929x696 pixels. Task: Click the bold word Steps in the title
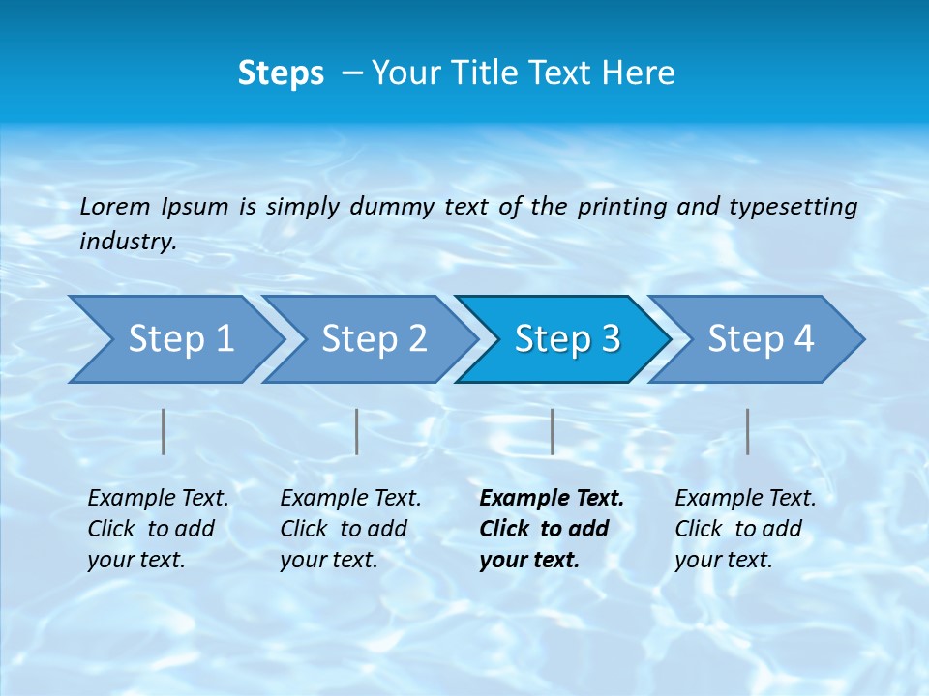click(x=281, y=73)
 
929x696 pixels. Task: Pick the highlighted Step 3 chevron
click(x=566, y=339)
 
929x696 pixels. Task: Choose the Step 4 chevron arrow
click(x=760, y=339)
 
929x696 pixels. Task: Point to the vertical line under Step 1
click(x=164, y=431)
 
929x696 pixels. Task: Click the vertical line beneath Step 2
click(x=357, y=431)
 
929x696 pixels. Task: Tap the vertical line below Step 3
click(x=552, y=431)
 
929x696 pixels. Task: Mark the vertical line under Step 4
click(x=747, y=431)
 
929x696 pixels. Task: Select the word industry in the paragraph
click(x=127, y=242)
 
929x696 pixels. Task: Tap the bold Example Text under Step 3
click(x=552, y=499)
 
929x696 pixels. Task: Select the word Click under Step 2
click(x=304, y=530)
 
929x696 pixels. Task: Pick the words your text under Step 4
click(x=723, y=561)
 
